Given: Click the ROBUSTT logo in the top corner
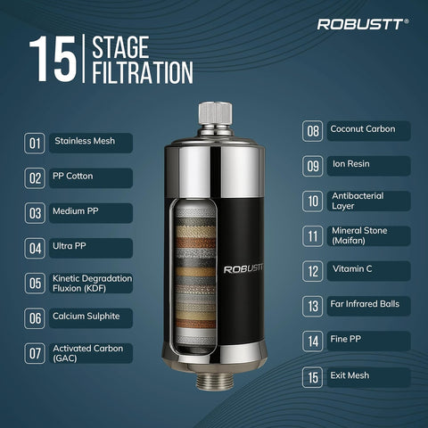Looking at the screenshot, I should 363,24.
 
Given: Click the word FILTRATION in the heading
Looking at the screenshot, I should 142,72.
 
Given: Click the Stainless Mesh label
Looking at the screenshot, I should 85,141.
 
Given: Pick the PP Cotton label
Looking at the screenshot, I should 74,177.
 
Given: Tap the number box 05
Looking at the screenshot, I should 35,284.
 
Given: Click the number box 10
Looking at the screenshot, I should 312,201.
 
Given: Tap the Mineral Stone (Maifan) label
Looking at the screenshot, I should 358,235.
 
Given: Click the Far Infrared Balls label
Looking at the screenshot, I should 366,304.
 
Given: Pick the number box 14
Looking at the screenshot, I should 312,341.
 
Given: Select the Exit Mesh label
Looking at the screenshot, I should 350,375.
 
